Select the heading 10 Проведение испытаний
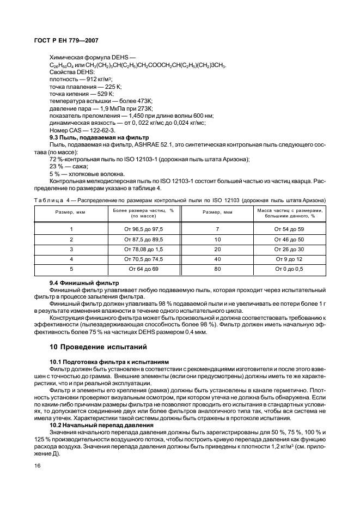[98, 347]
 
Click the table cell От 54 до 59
[290, 229]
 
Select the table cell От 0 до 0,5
[290, 269]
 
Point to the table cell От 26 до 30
[290, 249]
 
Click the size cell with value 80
[217, 269]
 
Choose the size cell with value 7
[217, 229]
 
